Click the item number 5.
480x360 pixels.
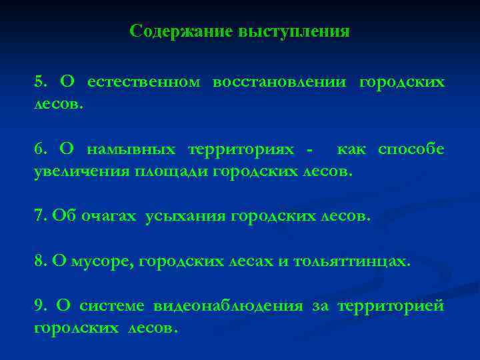pos(40,82)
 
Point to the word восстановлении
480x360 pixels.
pos(279,82)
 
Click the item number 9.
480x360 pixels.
pos(40,305)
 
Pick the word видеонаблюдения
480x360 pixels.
pos(226,305)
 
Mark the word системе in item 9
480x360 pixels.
pos(111,305)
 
